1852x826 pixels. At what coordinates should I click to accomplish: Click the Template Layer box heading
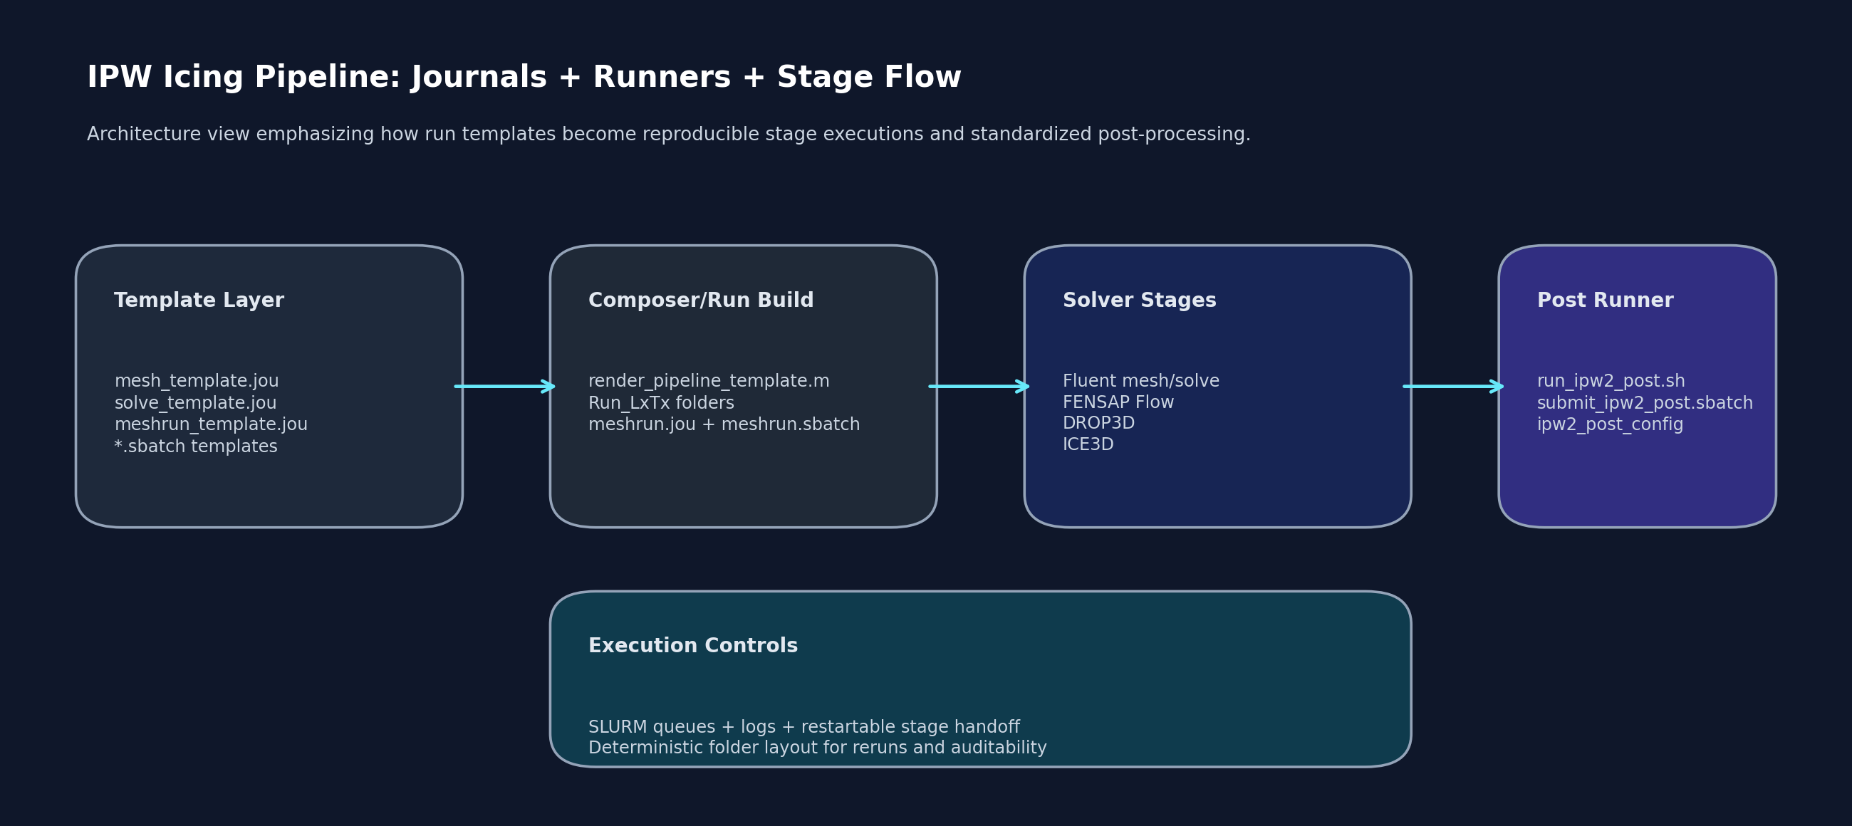pyautogui.click(x=199, y=300)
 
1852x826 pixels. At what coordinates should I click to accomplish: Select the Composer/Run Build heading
pyautogui.click(x=700, y=300)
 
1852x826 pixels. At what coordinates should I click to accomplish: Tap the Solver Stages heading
pyautogui.click(x=1139, y=300)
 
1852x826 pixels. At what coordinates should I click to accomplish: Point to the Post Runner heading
pyautogui.click(x=1605, y=300)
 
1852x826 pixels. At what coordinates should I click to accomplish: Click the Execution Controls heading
pyautogui.click(x=692, y=646)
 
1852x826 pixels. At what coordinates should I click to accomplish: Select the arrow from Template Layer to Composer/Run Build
pyautogui.click(x=505, y=387)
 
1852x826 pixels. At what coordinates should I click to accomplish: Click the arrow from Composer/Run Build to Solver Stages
pyautogui.click(x=979, y=387)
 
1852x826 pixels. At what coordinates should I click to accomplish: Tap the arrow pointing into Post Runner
pyautogui.click(x=1453, y=387)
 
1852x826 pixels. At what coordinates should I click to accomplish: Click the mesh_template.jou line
pyautogui.click(x=197, y=381)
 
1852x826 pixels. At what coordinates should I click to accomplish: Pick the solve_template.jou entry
pyautogui.click(x=195, y=403)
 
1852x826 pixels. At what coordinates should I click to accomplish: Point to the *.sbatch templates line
pyautogui.click(x=196, y=446)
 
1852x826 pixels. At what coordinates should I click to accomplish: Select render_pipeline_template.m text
pyautogui.click(x=708, y=381)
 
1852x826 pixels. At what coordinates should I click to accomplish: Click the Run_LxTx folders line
pyautogui.click(x=661, y=403)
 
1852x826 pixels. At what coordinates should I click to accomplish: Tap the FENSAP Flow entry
pyautogui.click(x=1117, y=402)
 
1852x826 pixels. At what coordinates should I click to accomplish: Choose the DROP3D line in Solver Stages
pyautogui.click(x=1098, y=424)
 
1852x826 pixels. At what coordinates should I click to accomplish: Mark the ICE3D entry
pyautogui.click(x=1088, y=444)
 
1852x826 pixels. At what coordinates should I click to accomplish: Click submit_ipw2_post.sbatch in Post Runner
pyautogui.click(x=1644, y=403)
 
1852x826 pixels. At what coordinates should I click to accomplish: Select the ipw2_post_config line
pyautogui.click(x=1610, y=425)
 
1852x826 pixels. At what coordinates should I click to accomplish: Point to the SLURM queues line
pyautogui.click(x=803, y=727)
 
